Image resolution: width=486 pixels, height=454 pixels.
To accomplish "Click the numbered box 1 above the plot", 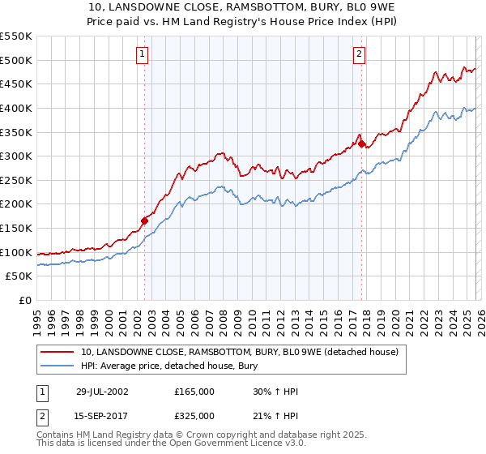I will pos(142,54).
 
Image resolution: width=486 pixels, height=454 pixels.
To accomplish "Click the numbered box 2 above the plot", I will pos(358,54).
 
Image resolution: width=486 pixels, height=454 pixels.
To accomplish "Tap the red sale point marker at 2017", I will pos(362,144).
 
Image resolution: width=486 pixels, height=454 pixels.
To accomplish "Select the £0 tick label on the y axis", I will pos(25,300).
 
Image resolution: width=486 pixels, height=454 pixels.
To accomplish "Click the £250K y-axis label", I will pos(16,180).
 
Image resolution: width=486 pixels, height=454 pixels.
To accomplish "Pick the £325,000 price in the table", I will pos(194,416).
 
